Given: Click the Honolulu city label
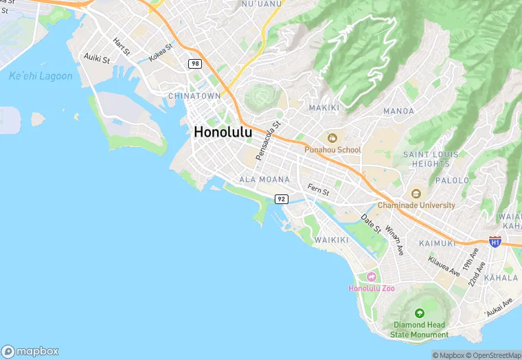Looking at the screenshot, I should click(x=223, y=132).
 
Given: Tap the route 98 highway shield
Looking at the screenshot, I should click(x=196, y=63).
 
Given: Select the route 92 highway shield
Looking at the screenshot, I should click(x=281, y=199).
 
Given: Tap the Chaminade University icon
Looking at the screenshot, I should click(x=416, y=194).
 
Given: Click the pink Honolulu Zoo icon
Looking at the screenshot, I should click(x=372, y=277).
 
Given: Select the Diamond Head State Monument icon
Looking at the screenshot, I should click(x=420, y=313).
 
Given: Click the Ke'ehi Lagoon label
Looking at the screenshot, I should click(x=41, y=76).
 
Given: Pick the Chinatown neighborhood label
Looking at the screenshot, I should click(x=194, y=96).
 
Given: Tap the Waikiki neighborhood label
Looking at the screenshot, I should click(x=332, y=240).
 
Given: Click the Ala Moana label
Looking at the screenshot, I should click(x=264, y=179).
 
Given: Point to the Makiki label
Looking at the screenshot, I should click(x=324, y=108).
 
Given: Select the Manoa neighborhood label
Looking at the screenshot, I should click(x=398, y=111).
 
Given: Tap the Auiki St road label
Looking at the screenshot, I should click(x=96, y=59).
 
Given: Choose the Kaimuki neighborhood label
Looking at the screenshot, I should click(x=437, y=243).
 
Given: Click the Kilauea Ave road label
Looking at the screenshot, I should click(x=444, y=267).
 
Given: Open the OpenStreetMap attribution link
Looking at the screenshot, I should click(x=493, y=355).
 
